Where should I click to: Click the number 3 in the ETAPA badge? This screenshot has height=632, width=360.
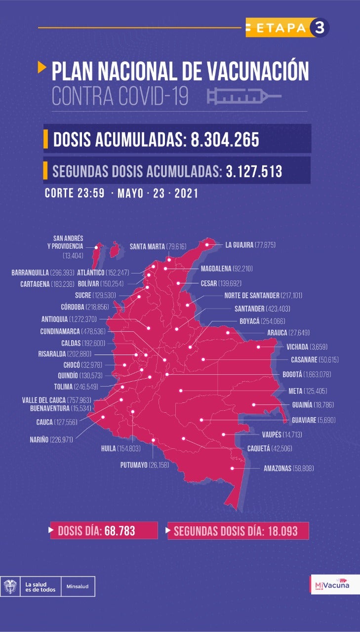[319, 28]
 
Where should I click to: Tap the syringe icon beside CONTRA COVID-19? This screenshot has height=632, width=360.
[244, 96]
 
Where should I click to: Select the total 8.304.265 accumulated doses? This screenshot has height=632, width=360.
[225, 139]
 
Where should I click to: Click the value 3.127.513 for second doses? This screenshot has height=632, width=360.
[254, 171]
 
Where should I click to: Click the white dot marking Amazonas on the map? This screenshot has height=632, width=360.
[232, 469]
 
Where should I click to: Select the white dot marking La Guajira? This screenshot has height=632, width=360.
[207, 244]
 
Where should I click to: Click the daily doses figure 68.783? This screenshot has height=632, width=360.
[120, 531]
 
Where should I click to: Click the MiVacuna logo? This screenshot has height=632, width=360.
[331, 585]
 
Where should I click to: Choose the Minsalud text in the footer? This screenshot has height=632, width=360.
[78, 587]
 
